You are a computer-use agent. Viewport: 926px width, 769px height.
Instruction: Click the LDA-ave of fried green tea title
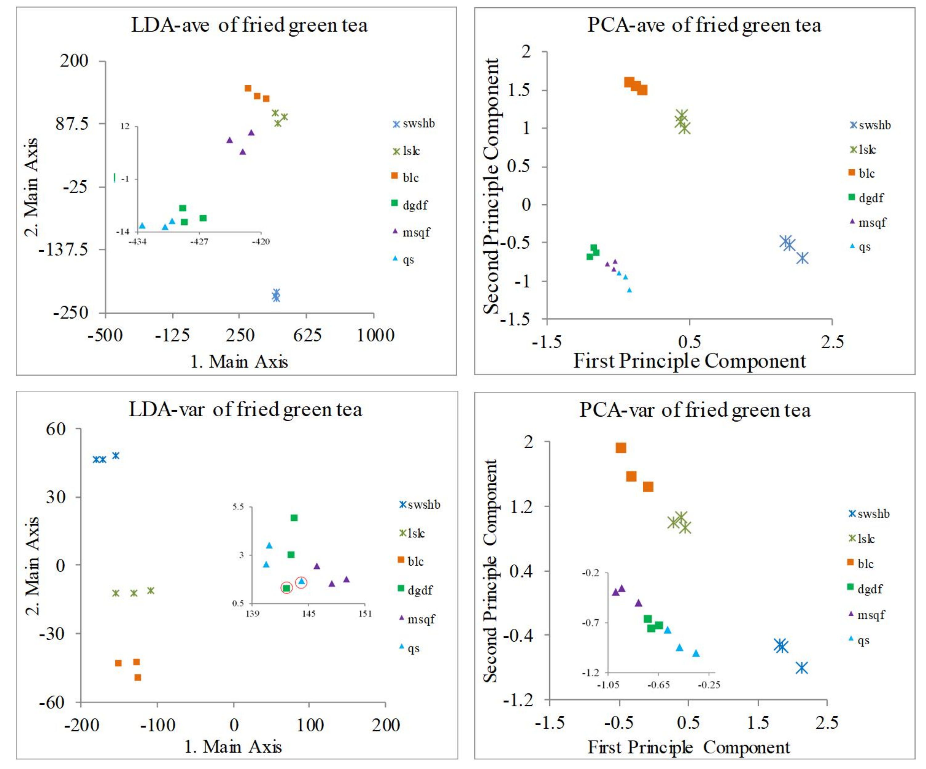tap(249, 25)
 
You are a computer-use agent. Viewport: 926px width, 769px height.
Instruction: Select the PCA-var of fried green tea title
tap(695, 410)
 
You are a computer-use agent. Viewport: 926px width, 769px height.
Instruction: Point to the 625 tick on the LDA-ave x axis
tap(307, 335)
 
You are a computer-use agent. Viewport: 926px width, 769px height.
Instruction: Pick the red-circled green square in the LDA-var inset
tap(287, 588)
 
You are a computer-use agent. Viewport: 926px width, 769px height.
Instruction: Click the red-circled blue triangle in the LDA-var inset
tap(302, 582)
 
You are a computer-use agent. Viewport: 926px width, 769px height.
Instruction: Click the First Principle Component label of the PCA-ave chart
tap(689, 361)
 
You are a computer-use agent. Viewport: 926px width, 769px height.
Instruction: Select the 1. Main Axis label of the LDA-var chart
tap(233, 747)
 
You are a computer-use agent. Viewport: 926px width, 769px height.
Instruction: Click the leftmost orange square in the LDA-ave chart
tap(248, 89)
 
